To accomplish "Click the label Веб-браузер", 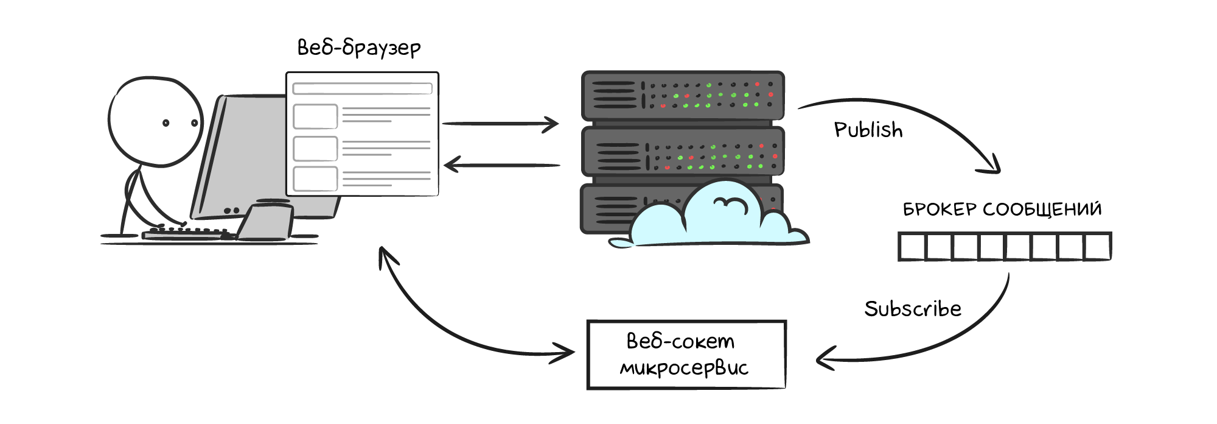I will point(358,48).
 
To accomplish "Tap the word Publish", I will point(868,130).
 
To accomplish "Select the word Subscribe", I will point(912,309).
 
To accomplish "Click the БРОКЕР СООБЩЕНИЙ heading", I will point(1002,210).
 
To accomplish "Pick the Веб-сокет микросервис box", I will point(686,355).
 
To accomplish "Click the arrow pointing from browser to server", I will point(499,124).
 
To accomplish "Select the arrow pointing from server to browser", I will point(502,164).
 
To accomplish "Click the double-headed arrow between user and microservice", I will point(438,323).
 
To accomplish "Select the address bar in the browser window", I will point(362,89).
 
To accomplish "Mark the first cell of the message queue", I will point(912,247).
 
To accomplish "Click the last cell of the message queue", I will point(1097,247).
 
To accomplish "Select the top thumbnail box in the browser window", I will point(315,116).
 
